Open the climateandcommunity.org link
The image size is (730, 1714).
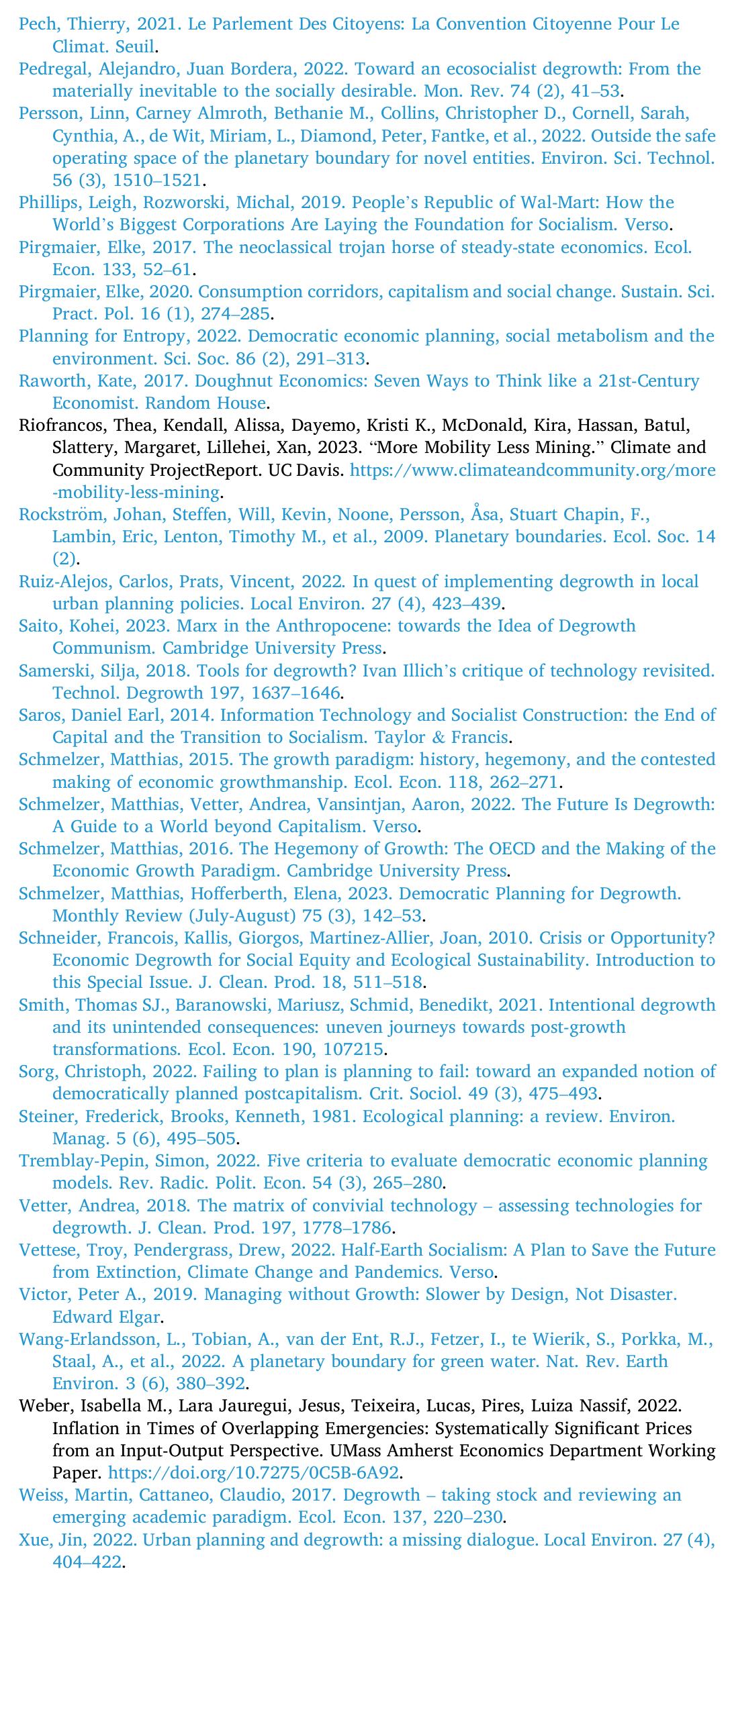[x=533, y=470]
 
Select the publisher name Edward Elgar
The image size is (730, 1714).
[x=107, y=1317]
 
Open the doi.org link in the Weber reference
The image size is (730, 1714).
[x=254, y=1473]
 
